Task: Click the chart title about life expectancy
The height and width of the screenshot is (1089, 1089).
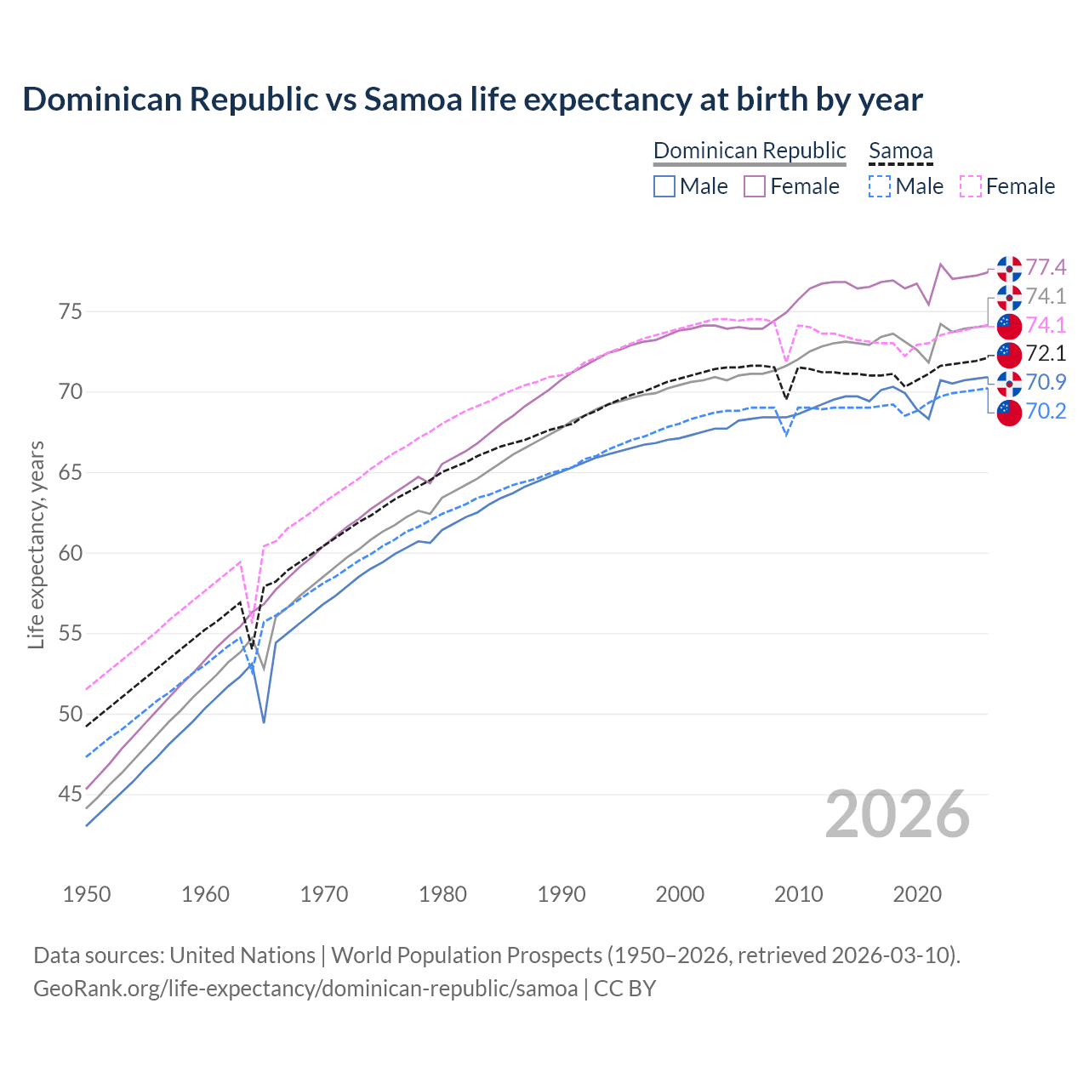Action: point(472,100)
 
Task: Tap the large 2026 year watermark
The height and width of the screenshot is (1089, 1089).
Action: point(898,814)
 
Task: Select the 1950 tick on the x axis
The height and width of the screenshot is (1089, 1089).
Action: point(87,894)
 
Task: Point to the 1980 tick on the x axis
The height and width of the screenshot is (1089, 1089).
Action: point(442,894)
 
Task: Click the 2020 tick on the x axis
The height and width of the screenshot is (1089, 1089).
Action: point(917,894)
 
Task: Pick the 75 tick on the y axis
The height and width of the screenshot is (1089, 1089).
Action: point(71,311)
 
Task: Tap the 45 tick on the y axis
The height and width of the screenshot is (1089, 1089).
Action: point(71,795)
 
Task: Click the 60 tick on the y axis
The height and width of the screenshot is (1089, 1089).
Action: point(71,553)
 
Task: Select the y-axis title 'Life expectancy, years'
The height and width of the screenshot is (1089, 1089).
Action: point(36,544)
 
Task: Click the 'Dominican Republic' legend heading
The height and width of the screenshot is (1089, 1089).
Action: point(750,151)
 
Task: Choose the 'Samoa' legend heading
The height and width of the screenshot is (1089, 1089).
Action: point(901,151)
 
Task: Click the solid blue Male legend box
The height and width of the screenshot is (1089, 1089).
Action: point(664,186)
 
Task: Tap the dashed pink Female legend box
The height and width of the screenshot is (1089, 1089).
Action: point(971,186)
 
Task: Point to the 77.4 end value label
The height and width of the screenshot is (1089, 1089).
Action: point(1046,268)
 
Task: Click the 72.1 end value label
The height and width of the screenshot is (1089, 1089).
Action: point(1046,354)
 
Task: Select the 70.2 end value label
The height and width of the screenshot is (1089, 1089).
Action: point(1046,412)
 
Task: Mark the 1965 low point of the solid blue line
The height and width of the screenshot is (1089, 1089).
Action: point(264,722)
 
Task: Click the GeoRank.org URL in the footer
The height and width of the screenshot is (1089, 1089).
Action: point(305,989)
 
